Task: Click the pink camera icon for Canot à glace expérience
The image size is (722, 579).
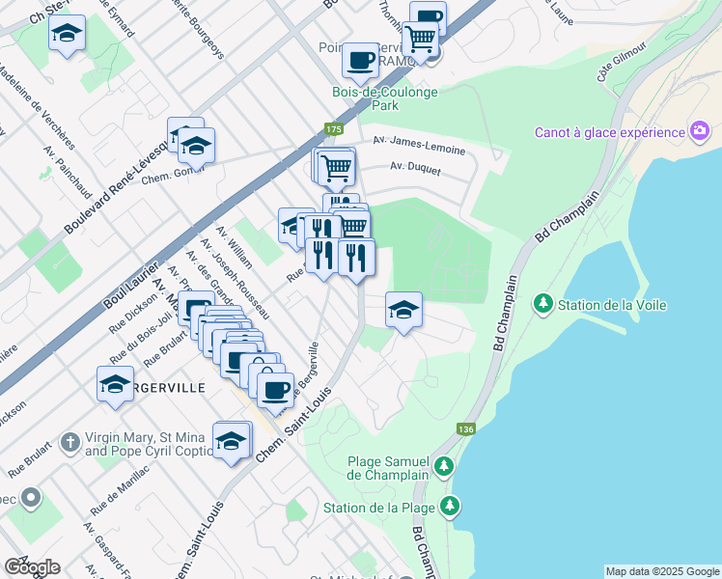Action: pos(699,131)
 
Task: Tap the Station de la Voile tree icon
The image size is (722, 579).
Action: pos(543,305)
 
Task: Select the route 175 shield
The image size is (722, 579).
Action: pos(333,129)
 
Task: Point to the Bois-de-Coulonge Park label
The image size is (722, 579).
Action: pos(384,98)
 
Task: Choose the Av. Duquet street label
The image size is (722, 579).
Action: pos(415,169)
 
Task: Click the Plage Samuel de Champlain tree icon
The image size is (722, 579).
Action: pos(443,467)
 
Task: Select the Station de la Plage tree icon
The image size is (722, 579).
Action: pos(449,506)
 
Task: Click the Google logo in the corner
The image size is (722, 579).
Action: pos(31,566)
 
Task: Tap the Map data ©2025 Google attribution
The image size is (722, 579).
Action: pos(661,571)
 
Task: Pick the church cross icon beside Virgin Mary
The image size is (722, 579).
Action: pos(69,443)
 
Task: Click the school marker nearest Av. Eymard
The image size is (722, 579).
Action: pos(66,34)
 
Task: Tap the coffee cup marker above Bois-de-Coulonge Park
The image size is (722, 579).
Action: pos(360,59)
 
